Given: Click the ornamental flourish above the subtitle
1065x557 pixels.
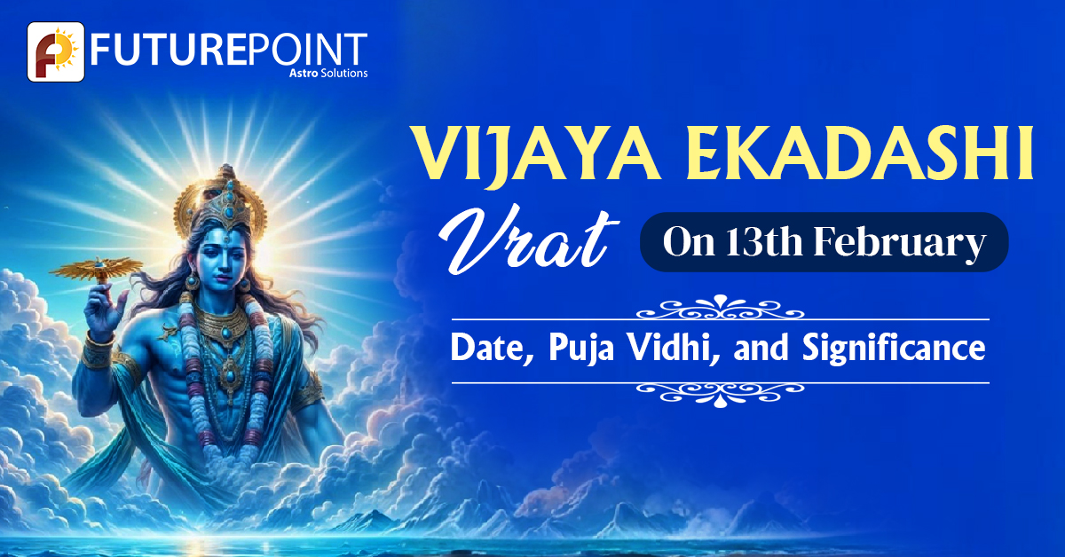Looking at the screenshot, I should click(x=721, y=310).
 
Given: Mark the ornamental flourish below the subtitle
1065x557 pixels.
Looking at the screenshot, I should click(x=721, y=389).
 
